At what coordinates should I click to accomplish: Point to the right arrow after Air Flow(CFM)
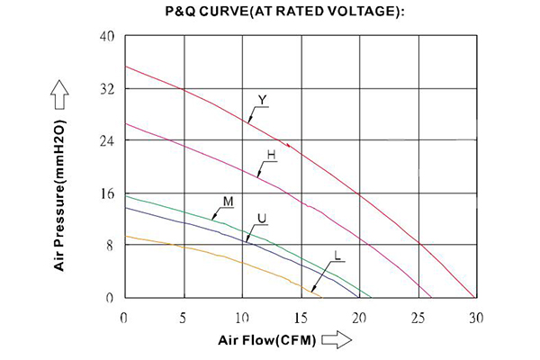click(336, 341)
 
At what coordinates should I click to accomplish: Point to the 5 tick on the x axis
click(184, 317)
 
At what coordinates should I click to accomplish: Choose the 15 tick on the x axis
click(301, 317)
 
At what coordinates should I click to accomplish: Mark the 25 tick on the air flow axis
click(418, 317)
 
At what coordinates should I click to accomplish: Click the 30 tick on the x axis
click(476, 317)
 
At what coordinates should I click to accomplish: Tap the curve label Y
click(262, 99)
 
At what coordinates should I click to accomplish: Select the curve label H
click(270, 155)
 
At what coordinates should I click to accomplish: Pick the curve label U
click(262, 219)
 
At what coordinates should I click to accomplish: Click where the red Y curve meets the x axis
click(476, 298)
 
